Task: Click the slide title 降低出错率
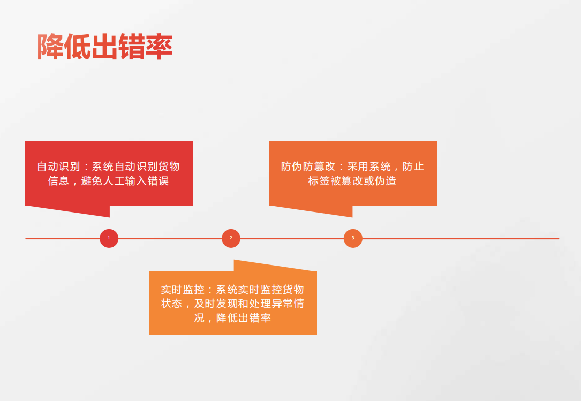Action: (x=105, y=47)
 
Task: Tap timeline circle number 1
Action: (x=109, y=238)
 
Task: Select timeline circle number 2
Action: (x=231, y=238)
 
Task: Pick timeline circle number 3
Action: (x=353, y=238)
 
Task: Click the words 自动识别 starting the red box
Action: (x=58, y=167)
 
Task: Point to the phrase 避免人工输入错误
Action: (x=125, y=181)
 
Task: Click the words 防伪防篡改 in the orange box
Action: (x=308, y=167)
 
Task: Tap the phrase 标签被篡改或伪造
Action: (x=352, y=181)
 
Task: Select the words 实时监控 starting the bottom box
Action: (x=182, y=290)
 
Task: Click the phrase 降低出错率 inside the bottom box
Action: (x=244, y=318)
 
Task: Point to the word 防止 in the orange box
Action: (x=413, y=167)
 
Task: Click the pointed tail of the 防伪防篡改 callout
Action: (x=352, y=217)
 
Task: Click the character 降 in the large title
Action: (x=50, y=47)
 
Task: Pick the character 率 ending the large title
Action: (x=160, y=47)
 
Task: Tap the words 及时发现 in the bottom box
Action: (x=216, y=304)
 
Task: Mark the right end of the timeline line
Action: (x=559, y=238)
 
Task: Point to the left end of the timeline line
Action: (x=26, y=238)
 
